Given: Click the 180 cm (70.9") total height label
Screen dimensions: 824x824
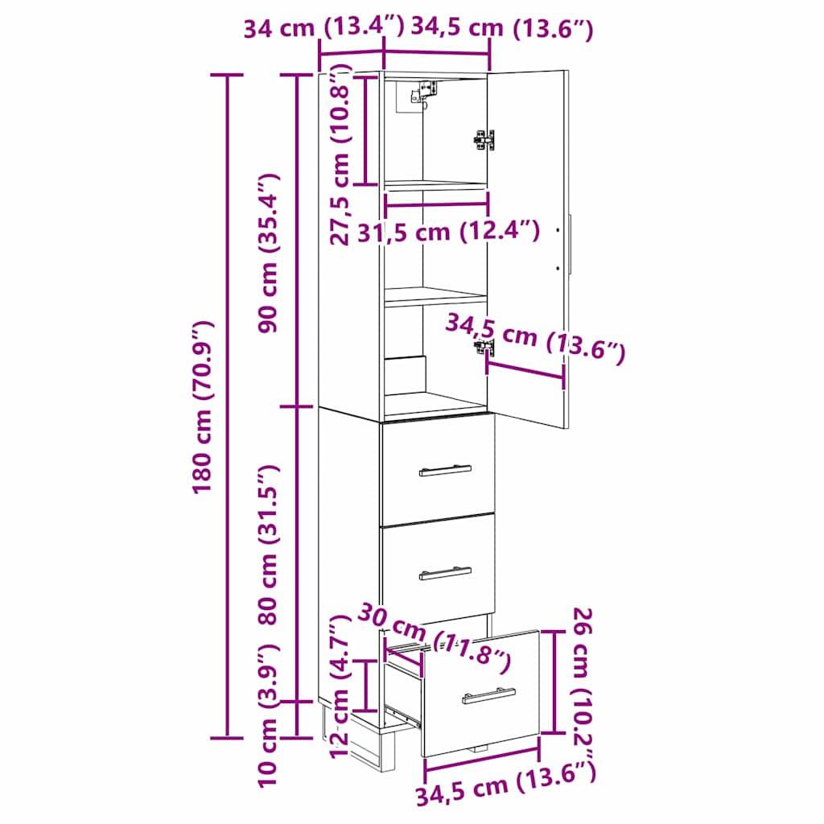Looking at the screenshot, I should (203, 406).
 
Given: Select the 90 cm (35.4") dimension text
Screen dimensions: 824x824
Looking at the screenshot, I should (271, 252).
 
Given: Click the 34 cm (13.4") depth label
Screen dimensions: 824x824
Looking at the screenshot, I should (322, 29).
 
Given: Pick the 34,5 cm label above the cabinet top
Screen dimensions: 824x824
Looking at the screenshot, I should (502, 29).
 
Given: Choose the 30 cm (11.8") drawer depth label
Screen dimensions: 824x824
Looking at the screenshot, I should (435, 640).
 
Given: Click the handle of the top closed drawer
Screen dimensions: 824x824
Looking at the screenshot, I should (445, 470).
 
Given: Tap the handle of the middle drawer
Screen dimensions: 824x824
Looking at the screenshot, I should (445, 572).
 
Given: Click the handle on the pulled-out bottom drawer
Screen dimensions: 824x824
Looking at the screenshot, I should (489, 695).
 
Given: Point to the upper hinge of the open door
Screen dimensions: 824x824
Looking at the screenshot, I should (484, 139).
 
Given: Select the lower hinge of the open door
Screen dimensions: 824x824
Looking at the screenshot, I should (484, 347).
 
